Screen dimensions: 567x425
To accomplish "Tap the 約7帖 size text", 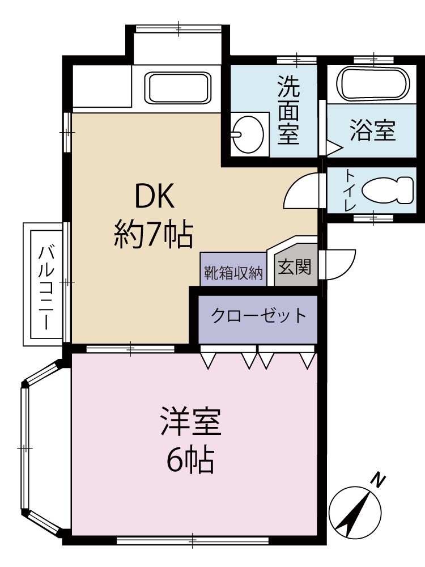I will [x=154, y=234].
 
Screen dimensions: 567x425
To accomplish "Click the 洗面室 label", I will [x=288, y=111].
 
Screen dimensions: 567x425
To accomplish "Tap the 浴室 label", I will [x=372, y=131].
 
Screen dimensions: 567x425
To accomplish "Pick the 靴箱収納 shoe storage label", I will [x=233, y=274].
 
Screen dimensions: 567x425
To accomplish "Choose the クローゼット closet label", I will [x=259, y=315].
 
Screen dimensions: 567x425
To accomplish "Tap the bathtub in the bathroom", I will [x=373, y=84].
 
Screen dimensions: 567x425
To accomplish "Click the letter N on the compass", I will [x=379, y=480].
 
